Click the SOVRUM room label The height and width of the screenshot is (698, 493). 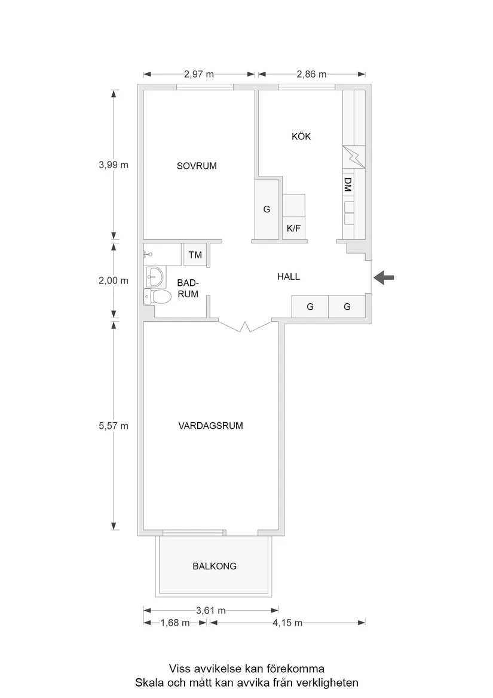click(196, 166)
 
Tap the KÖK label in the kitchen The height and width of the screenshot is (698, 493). click(301, 136)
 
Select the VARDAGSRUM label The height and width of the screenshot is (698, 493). click(210, 426)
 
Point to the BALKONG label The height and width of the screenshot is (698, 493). click(215, 566)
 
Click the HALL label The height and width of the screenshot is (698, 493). click(288, 277)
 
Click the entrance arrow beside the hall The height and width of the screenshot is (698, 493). click(384, 277)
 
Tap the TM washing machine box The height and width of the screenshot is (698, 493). click(195, 255)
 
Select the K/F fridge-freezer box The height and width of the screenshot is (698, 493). click(293, 228)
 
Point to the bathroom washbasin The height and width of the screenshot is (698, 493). click(155, 276)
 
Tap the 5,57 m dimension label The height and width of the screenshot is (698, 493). click(114, 426)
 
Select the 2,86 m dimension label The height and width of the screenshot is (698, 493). click(311, 75)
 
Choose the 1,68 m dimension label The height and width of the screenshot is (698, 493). click(175, 623)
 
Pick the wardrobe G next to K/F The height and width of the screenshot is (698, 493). click(267, 209)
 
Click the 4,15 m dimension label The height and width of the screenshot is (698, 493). click(287, 623)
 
